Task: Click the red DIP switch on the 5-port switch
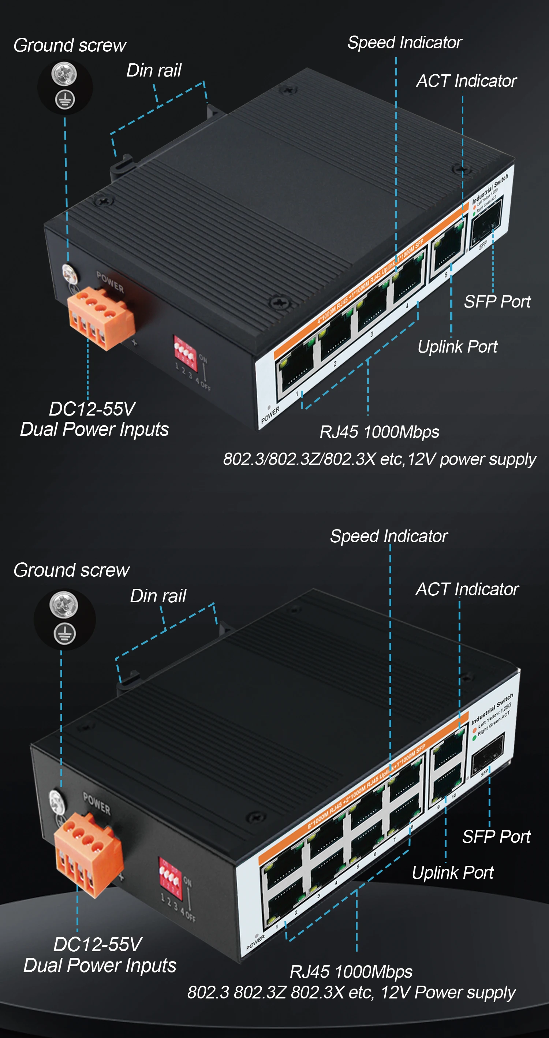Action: pyautogui.click(x=184, y=352)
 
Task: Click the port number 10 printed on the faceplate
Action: pyautogui.click(x=453, y=796)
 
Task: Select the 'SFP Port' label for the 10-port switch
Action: pyautogui.click(x=496, y=837)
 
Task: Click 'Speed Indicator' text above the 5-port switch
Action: pyautogui.click(x=404, y=43)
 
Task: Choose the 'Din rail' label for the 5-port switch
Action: pyautogui.click(x=154, y=71)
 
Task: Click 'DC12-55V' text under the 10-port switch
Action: pyautogui.click(x=97, y=944)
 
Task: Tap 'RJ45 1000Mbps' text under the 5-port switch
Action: pyautogui.click(x=379, y=432)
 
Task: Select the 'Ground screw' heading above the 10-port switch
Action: pyautogui.click(x=71, y=570)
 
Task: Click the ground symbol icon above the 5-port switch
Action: pyautogui.click(x=64, y=99)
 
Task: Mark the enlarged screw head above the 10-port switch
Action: pyautogui.click(x=64, y=604)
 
